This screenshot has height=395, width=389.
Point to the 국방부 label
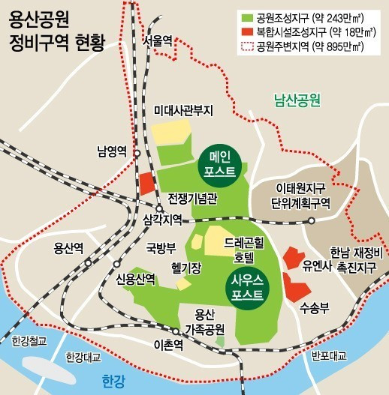point(161,247)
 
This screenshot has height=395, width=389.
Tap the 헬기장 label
point(185,267)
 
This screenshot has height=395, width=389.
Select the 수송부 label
point(310,307)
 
